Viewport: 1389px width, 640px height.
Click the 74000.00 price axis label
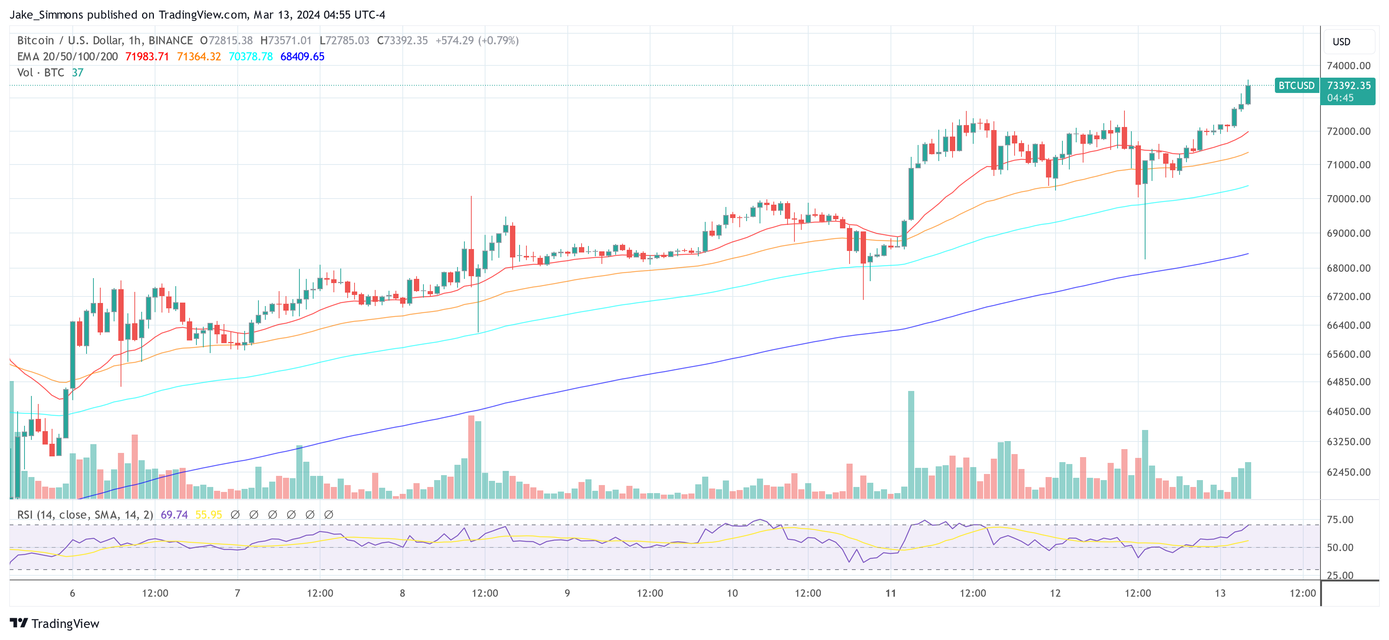coord(1348,66)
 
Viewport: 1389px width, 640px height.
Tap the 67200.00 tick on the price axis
coord(1348,296)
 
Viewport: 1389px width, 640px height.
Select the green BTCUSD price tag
coord(1296,86)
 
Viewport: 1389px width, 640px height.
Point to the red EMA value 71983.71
coord(147,57)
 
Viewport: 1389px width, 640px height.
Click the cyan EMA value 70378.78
coord(251,57)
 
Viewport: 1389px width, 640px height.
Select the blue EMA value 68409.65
coord(302,57)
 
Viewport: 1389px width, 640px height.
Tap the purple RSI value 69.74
coord(174,515)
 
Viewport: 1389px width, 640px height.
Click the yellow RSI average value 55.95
coord(208,515)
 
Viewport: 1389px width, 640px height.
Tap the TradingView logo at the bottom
coord(54,623)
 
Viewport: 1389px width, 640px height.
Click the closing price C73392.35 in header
coord(402,41)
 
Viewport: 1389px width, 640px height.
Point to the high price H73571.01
coord(286,41)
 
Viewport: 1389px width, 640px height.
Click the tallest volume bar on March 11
coord(911,445)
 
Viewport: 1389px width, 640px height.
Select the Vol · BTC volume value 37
coord(78,73)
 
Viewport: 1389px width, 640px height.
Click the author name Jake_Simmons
coord(46,15)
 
